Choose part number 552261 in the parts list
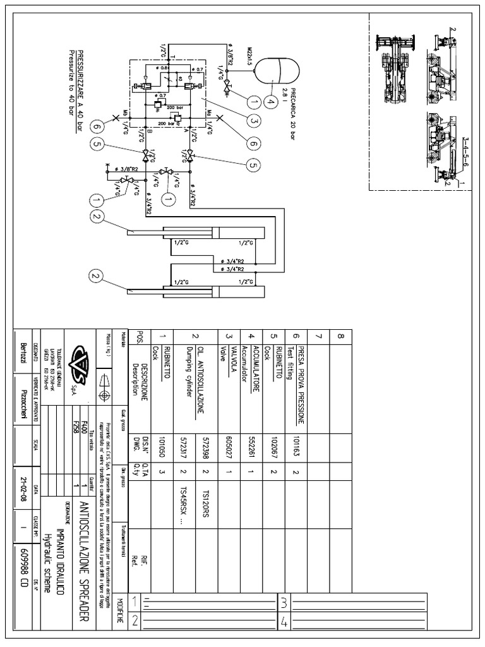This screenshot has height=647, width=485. point(251,448)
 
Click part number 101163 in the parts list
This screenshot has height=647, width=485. point(297,448)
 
